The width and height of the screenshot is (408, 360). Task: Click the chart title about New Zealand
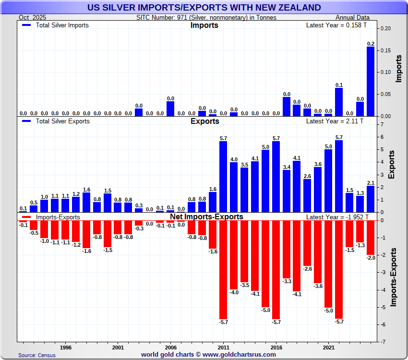point(204,7)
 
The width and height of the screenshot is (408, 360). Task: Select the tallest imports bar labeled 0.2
point(371,81)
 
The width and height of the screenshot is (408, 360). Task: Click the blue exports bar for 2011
point(223,177)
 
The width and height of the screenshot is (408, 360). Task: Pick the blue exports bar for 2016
point(276,177)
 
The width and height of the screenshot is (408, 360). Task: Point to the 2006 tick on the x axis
point(171,347)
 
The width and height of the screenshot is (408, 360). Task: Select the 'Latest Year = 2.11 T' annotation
point(335,121)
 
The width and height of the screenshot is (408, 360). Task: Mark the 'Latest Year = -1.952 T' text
point(337,217)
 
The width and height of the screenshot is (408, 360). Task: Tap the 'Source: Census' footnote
point(37,355)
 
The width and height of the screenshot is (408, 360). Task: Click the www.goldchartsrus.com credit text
point(208,355)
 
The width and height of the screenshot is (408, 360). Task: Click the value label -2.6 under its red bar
point(307,269)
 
